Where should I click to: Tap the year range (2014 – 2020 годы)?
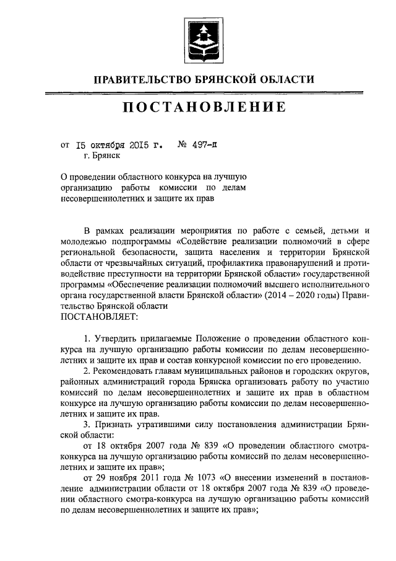301,295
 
